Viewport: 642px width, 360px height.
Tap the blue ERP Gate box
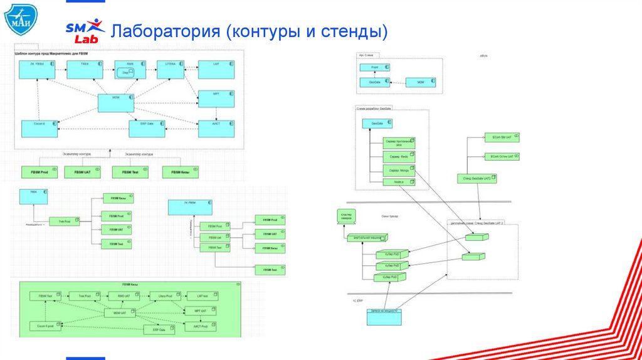tap(147, 129)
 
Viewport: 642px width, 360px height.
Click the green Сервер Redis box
tap(399, 156)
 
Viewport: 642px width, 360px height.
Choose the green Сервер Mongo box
tap(399, 170)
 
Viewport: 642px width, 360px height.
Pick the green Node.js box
tap(399, 182)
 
